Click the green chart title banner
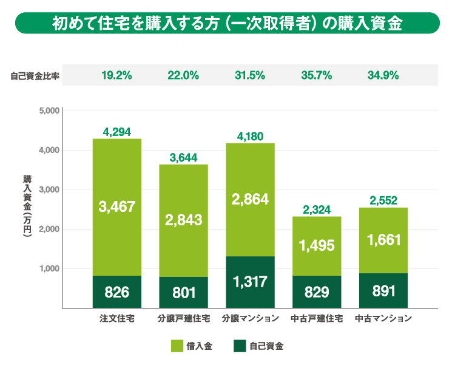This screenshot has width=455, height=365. coord(227,23)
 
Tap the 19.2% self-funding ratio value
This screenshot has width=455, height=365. coord(116,75)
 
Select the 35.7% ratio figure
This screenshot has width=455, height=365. coord(316,75)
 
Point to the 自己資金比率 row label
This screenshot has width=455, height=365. coord(35,76)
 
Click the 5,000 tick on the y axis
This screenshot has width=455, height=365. coord(47,111)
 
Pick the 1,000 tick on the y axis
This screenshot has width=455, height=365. coord(47,268)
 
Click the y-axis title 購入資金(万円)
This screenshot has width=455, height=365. coord(27,209)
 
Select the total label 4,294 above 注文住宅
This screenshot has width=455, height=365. coord(117,131)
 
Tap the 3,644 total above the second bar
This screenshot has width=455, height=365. coord(183,157)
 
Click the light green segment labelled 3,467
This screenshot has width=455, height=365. coord(117,206)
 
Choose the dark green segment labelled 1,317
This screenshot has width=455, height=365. coord(250,282)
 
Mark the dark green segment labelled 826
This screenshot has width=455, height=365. coord(117,292)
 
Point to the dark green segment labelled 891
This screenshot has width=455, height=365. coord(383,290)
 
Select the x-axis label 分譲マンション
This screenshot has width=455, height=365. coord(250,318)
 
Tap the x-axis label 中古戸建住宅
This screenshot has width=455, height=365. coord(316,318)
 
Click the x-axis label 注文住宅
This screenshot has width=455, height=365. coord(117,318)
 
